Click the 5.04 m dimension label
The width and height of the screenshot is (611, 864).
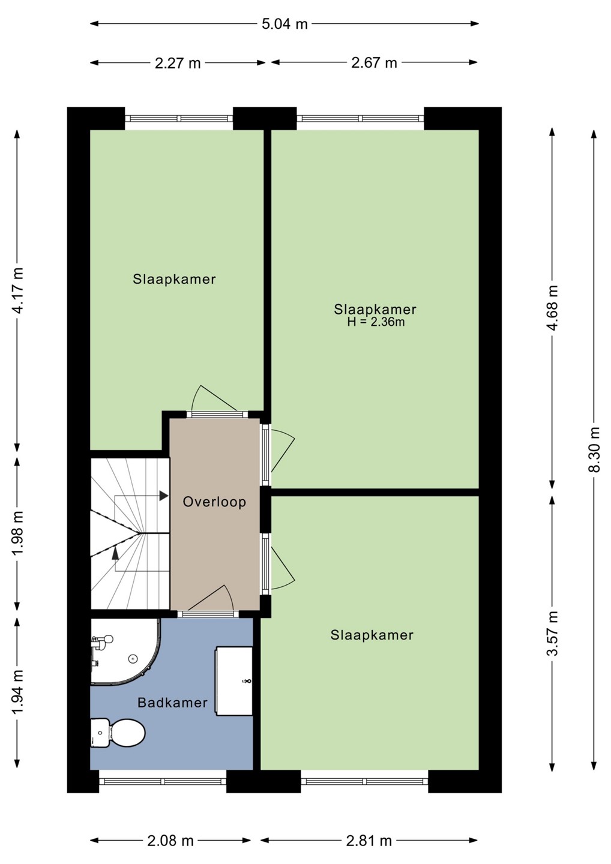pyautogui.click(x=284, y=24)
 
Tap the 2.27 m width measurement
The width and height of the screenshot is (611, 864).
pyautogui.click(x=178, y=63)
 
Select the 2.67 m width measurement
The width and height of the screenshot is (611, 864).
pyautogui.click(x=374, y=63)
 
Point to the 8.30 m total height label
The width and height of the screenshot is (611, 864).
pyautogui.click(x=594, y=449)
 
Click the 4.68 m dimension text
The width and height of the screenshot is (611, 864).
pyautogui.click(x=553, y=308)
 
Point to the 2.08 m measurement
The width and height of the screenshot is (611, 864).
pyautogui.click(x=170, y=838)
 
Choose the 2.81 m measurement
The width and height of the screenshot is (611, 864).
pyautogui.click(x=369, y=838)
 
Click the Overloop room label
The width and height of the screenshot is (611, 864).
pyautogui.click(x=214, y=502)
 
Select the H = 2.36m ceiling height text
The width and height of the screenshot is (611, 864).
pyautogui.click(x=376, y=322)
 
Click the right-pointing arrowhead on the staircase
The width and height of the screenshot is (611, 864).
pyautogui.click(x=164, y=496)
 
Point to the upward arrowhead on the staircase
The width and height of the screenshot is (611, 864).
pyautogui.click(x=115, y=553)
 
